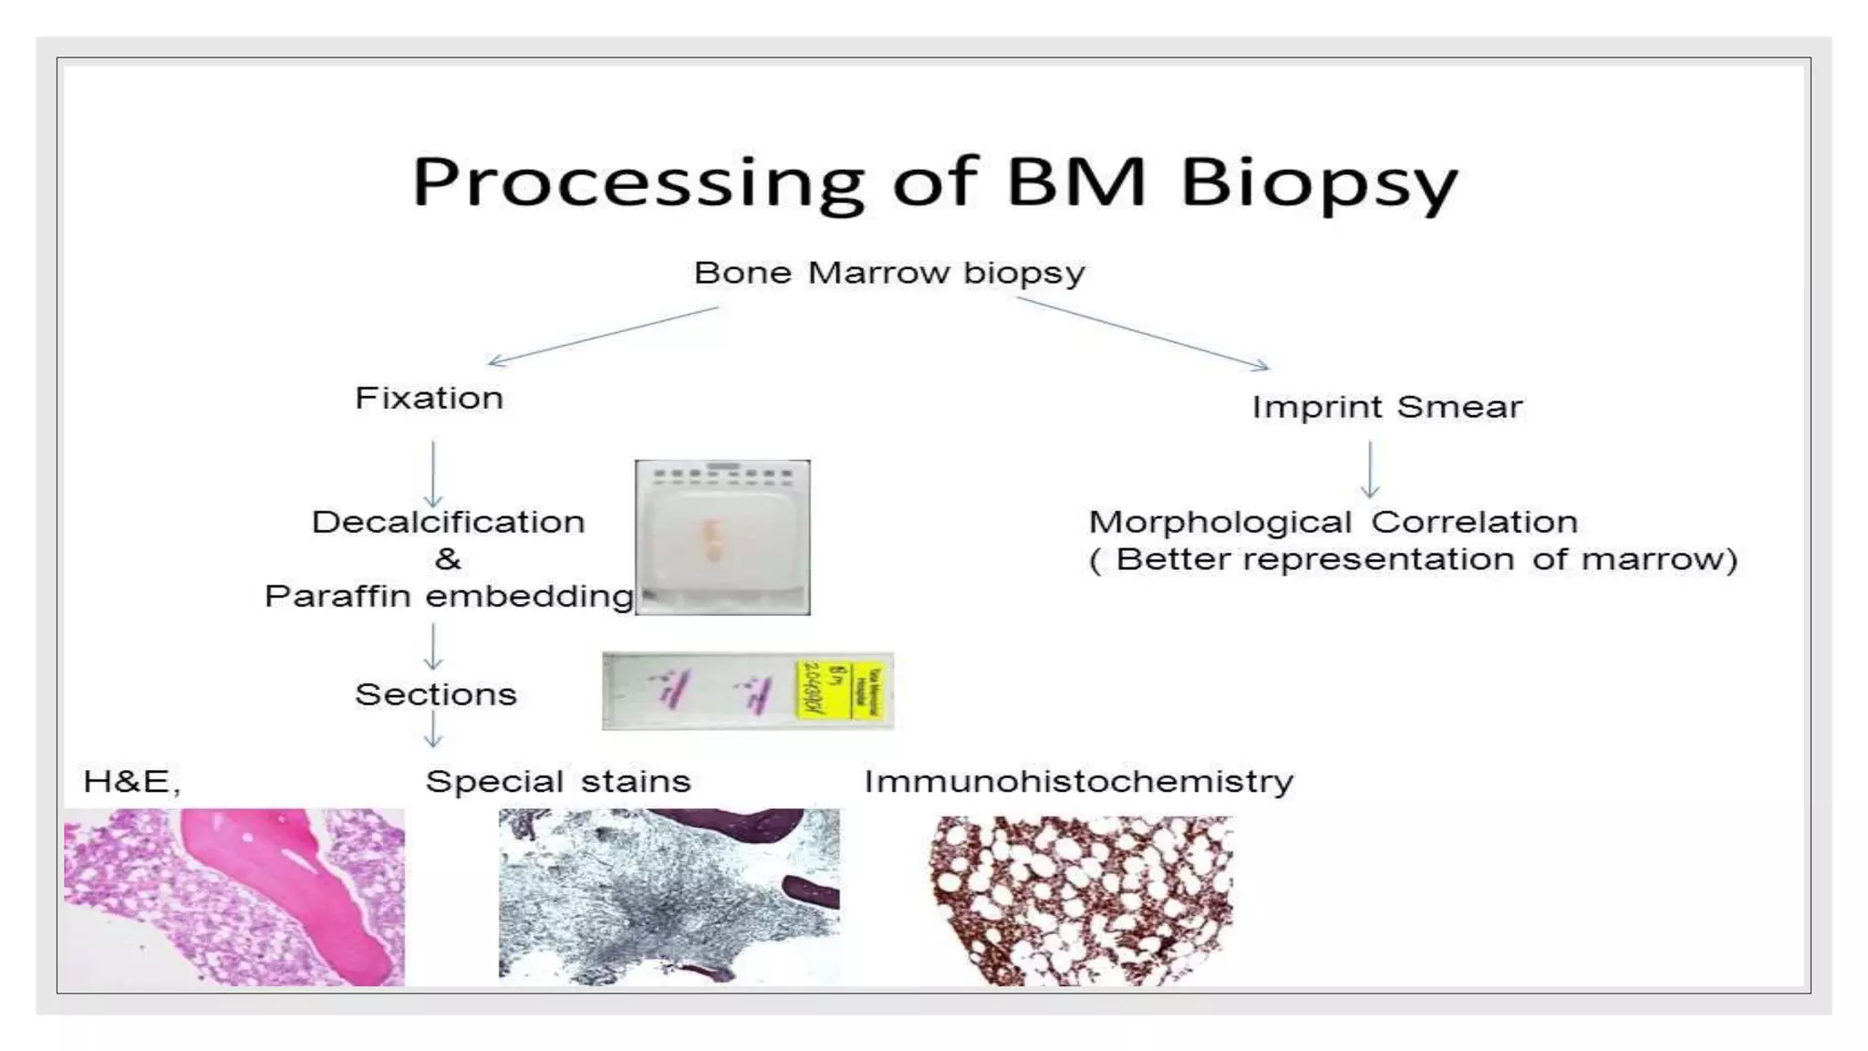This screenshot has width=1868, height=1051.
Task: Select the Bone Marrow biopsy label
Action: pyautogui.click(x=889, y=273)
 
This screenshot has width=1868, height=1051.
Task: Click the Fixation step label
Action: pyautogui.click(x=429, y=399)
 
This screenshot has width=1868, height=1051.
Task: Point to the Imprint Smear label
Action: pyautogui.click(x=1386, y=407)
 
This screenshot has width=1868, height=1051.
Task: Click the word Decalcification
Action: pyautogui.click(x=448, y=522)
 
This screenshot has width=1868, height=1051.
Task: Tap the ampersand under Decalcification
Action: pyautogui.click(x=447, y=558)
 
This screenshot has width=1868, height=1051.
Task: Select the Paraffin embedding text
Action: pyautogui.click(x=448, y=597)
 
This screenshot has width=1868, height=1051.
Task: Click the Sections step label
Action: pyautogui.click(x=435, y=695)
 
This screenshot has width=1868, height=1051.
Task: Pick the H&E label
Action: pyautogui.click(x=131, y=782)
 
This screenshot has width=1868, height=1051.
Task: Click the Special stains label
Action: pyautogui.click(x=557, y=782)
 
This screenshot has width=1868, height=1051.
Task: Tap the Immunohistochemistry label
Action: pyautogui.click(x=1078, y=782)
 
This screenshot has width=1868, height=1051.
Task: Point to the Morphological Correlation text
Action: pyautogui.click(x=1333, y=522)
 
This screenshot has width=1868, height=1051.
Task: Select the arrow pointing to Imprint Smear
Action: pyautogui.click(x=1142, y=333)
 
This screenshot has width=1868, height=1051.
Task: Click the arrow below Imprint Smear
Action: pyautogui.click(x=1370, y=469)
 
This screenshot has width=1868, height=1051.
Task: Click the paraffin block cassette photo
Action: pyautogui.click(x=722, y=537)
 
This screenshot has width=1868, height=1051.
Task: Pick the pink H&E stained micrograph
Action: pyautogui.click(x=234, y=897)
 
